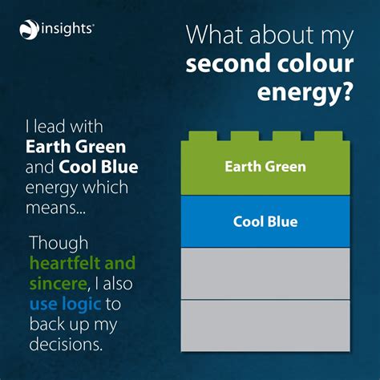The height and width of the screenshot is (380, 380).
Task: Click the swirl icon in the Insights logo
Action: point(28,30)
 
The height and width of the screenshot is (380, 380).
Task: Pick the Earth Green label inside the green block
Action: point(265,167)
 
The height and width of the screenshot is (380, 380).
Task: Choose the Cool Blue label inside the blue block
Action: point(265,221)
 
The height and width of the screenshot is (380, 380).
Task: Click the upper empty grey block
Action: point(265,273)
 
